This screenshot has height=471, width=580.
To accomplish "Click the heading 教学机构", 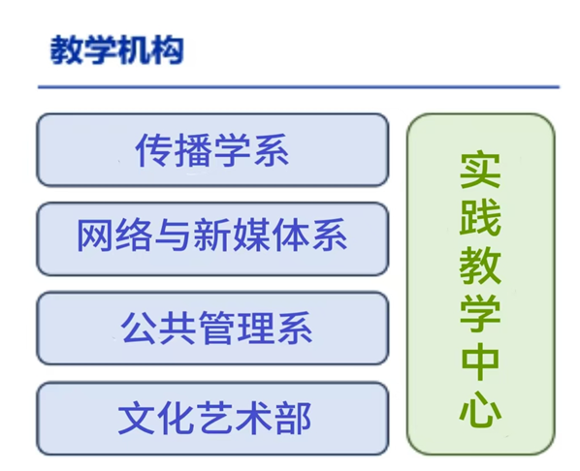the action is (x=117, y=49).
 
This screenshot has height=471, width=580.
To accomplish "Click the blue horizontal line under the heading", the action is (x=299, y=87).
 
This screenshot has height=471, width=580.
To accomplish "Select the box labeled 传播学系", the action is (x=212, y=149).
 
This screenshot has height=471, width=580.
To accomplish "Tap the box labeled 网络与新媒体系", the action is (x=212, y=238).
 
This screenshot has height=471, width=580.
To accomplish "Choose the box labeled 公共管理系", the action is (x=212, y=329).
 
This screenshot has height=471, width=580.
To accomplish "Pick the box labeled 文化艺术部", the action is (x=212, y=419).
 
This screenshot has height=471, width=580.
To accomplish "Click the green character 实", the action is (x=480, y=170).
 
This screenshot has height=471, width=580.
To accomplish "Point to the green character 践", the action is (x=480, y=217).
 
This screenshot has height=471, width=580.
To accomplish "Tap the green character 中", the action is (x=480, y=361).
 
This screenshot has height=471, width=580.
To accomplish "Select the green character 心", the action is (x=480, y=409).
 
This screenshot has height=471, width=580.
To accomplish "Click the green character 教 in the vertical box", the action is (x=480, y=266).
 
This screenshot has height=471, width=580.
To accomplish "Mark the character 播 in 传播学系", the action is (x=193, y=150).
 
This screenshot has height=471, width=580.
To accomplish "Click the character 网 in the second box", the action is (x=94, y=235).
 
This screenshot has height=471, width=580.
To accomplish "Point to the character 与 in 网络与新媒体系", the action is (x=174, y=235).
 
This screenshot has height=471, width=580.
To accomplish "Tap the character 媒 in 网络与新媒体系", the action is (x=251, y=235).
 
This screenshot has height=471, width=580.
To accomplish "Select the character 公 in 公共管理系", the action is (x=139, y=328).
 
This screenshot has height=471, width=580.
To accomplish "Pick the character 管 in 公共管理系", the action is (x=217, y=328).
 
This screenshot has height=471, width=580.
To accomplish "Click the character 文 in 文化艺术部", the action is (x=136, y=418).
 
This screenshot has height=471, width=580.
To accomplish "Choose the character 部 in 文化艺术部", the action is (x=293, y=418).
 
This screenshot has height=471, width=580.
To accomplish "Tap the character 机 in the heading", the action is (x=134, y=49).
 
